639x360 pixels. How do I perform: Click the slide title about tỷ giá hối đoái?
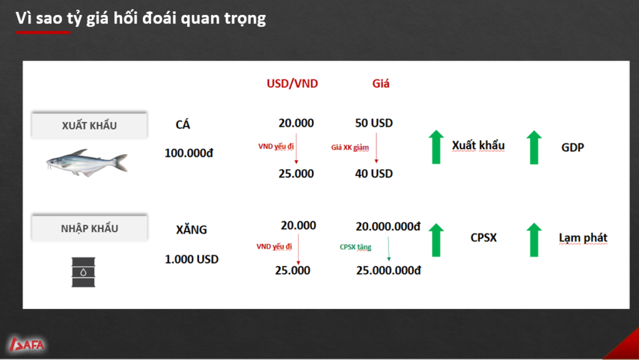click(x=140, y=18)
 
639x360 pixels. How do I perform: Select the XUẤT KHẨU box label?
click(x=89, y=125)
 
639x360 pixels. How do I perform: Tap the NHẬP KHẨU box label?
click(x=89, y=228)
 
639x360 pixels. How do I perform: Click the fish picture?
click(x=87, y=162)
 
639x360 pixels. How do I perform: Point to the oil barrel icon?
click(x=84, y=272)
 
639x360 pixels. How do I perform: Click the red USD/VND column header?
click(x=292, y=84)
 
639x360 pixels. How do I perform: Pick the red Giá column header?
click(x=381, y=84)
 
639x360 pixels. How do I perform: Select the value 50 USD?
click(x=374, y=123)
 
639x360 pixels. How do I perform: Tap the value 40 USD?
click(x=374, y=173)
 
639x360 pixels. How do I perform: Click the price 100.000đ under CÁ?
click(x=188, y=153)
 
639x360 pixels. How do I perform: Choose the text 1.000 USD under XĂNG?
click(x=192, y=260)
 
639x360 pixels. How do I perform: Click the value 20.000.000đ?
click(x=388, y=226)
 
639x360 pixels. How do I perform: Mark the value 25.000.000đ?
click(x=388, y=270)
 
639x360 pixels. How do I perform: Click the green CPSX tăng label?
click(x=355, y=247)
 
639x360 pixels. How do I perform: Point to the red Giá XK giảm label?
click(x=349, y=147)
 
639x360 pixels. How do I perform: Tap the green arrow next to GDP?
click(x=534, y=147)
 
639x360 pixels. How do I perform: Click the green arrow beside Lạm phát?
click(x=534, y=240)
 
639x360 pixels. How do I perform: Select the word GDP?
click(x=573, y=147)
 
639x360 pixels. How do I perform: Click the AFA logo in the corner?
click(x=27, y=344)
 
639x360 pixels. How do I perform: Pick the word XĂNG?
click(x=192, y=229)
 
